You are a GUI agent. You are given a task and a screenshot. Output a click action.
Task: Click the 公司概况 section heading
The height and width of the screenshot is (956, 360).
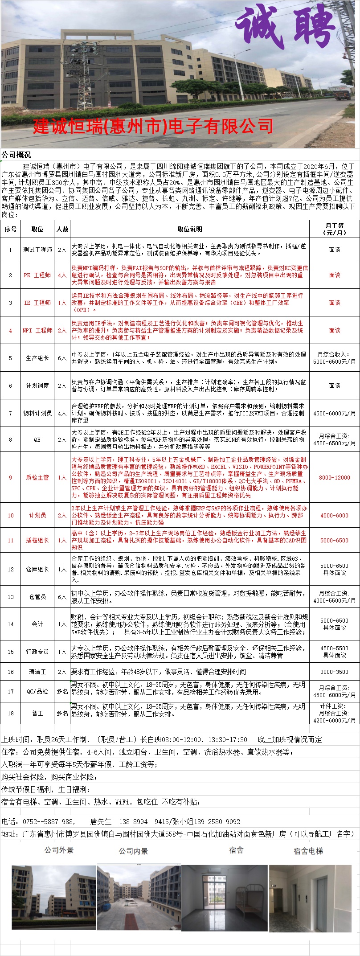click(x=16, y=155)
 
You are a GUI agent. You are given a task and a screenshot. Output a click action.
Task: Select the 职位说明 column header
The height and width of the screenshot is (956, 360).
click(x=190, y=229)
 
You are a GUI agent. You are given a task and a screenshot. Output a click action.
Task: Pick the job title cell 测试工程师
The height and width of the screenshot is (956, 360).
click(x=37, y=250)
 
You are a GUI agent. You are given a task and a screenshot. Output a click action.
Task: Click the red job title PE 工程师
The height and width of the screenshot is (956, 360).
click(x=37, y=275)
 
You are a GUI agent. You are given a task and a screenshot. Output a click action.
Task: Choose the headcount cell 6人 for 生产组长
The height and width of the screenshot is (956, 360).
click(x=62, y=358)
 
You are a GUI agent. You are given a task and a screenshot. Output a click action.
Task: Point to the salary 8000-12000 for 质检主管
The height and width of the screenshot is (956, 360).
click(x=334, y=477)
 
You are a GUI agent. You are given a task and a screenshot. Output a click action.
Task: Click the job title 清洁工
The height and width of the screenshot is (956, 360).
click(x=37, y=672)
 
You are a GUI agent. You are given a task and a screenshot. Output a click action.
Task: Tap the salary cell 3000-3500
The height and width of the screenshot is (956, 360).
click(x=334, y=672)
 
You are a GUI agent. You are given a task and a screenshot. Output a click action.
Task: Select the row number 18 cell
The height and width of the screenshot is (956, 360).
click(x=11, y=713)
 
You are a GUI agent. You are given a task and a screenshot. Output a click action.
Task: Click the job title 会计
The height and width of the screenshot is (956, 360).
click(x=37, y=624)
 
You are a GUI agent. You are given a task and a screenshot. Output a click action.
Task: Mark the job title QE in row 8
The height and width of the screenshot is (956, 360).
click(x=37, y=439)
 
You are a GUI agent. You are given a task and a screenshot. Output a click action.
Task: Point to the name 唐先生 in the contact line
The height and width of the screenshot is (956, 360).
click(x=101, y=821)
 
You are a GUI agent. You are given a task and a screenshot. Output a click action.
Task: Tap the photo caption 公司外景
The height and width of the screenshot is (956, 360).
click(x=59, y=850)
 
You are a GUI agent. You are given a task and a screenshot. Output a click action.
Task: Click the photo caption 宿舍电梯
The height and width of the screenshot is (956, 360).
click(x=308, y=851)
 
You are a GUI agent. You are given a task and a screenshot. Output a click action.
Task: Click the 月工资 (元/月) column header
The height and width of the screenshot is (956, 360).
click(x=334, y=229)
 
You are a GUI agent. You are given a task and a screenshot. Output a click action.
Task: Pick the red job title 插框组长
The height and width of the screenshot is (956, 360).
click(x=37, y=540)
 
